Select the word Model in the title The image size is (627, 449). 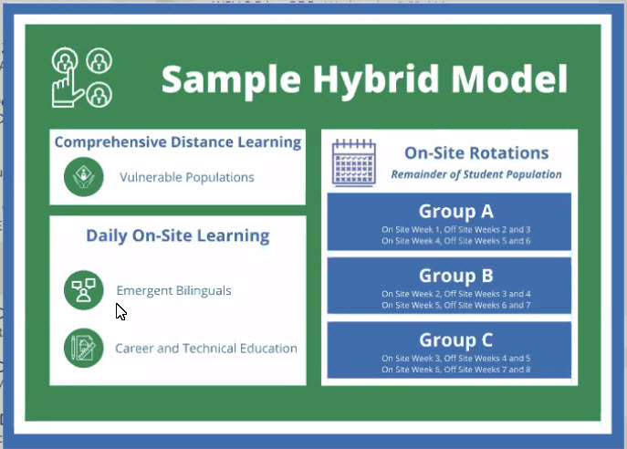(x=509, y=78)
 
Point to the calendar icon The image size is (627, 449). (x=354, y=162)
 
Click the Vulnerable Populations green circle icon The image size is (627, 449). (x=84, y=177)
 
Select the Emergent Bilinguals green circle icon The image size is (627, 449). (x=84, y=290)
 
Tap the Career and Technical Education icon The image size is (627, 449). (x=84, y=348)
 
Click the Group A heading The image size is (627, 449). (x=455, y=211)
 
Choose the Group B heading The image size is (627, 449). (x=455, y=276)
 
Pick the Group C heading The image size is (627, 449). (x=455, y=339)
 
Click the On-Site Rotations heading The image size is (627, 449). (x=476, y=152)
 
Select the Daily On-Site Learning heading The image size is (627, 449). (x=178, y=235)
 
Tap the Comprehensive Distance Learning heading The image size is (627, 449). (x=178, y=142)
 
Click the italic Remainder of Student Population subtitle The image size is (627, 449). (x=476, y=174)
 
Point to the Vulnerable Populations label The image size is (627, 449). (x=187, y=177)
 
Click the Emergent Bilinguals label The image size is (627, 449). (x=173, y=290)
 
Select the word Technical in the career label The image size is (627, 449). (x=209, y=349)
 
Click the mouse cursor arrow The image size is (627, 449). (x=120, y=311)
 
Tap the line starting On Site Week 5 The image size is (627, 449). (x=455, y=305)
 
